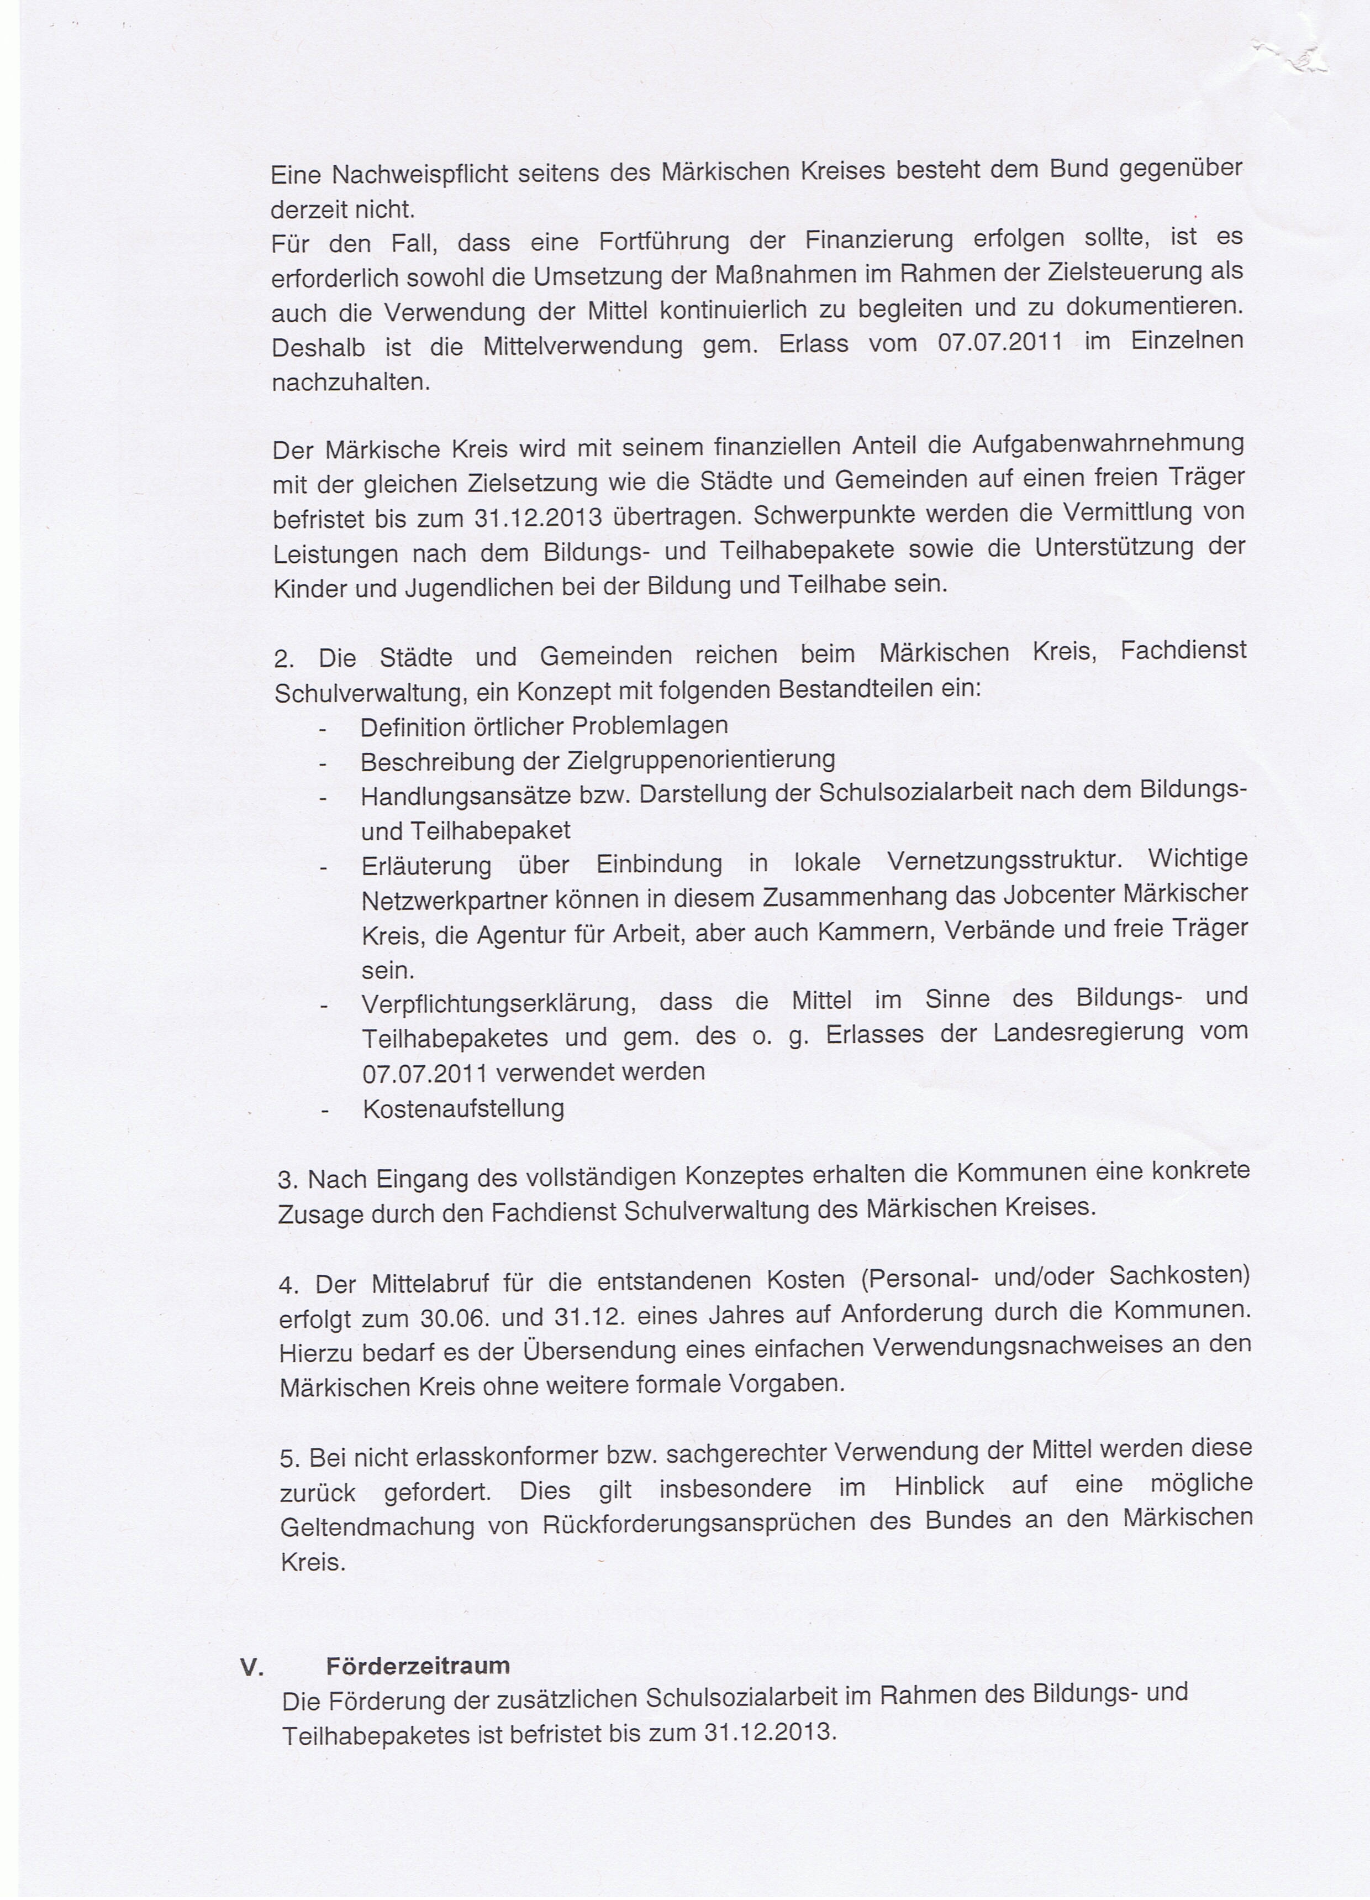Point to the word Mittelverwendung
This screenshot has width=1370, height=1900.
click(x=583, y=345)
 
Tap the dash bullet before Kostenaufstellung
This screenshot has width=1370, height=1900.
click(x=323, y=1111)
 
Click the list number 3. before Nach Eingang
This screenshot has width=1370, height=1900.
click(x=287, y=1180)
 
